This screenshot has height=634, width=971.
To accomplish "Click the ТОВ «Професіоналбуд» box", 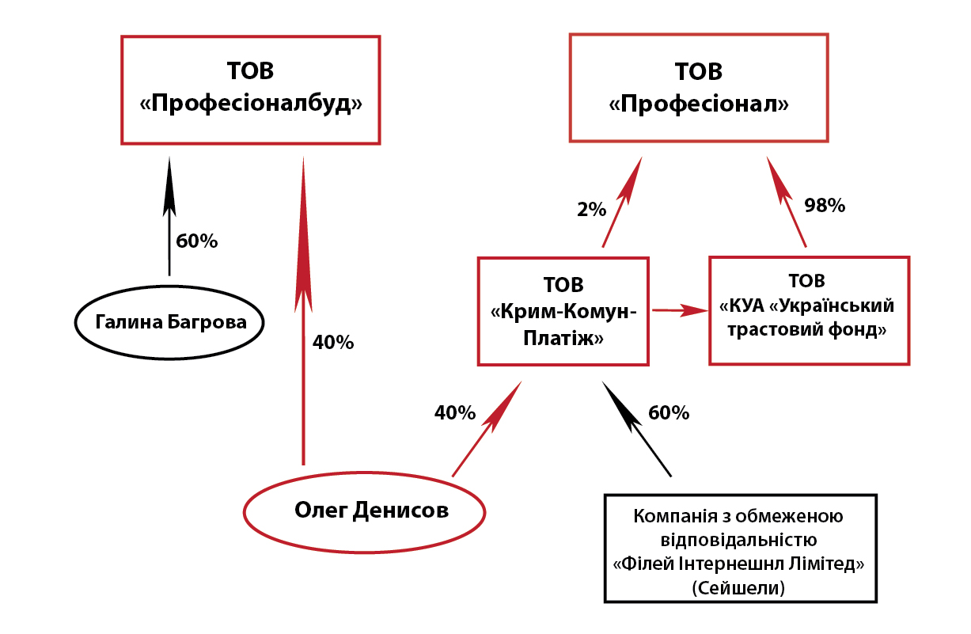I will (x=250, y=90).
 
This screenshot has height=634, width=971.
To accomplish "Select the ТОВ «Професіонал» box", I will (x=699, y=88).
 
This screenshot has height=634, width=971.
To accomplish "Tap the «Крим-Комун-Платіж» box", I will (x=563, y=310).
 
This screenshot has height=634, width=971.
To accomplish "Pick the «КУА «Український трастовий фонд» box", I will (x=808, y=309).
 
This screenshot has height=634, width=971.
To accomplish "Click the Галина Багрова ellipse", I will (x=170, y=322).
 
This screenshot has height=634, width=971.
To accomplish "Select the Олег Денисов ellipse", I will (x=364, y=511).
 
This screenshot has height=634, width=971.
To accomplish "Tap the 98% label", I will (x=825, y=206).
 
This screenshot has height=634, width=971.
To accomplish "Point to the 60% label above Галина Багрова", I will (x=196, y=241).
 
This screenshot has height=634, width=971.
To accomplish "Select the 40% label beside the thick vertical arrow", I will (x=333, y=343).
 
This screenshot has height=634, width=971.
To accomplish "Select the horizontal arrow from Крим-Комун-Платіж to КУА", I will (x=679, y=310).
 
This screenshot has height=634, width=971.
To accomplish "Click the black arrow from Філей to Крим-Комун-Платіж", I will (x=636, y=428).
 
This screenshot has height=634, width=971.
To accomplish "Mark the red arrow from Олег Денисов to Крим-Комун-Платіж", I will (x=487, y=428).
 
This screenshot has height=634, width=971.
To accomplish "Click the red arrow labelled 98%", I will (x=787, y=202).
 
